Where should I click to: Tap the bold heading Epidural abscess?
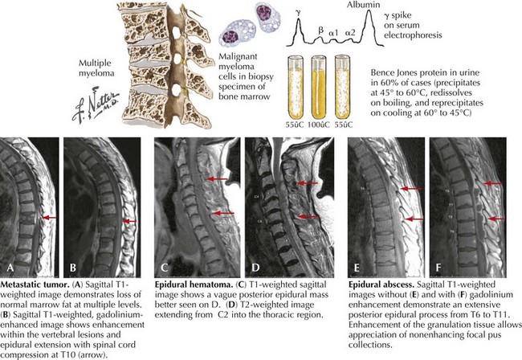pos(385,286)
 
